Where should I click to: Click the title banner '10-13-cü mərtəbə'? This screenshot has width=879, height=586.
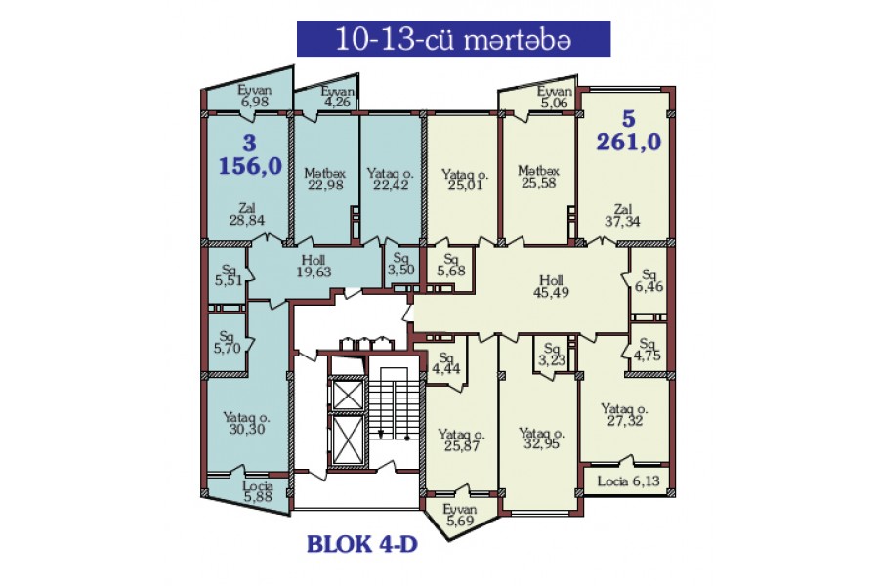pos(453,39)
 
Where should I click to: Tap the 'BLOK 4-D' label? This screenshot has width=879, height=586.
pos(362,544)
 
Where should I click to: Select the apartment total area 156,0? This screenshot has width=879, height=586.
pos(250,166)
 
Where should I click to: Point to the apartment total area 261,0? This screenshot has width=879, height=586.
pos(628,142)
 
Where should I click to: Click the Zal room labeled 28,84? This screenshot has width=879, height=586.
pos(247,215)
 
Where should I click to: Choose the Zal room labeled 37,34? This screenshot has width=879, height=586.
pos(622,215)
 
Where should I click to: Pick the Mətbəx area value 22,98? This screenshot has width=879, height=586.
pos(325,185)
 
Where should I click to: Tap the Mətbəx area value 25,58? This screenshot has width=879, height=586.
pos(539,183)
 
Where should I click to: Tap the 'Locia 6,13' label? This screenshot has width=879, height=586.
pos(628,481)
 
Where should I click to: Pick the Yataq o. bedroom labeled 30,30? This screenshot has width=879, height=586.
pos(247,423)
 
